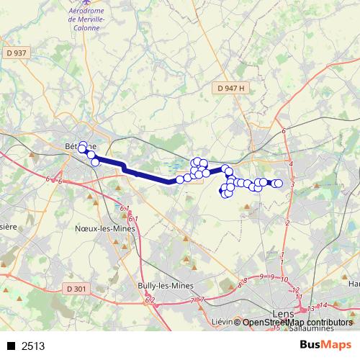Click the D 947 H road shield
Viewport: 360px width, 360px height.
[x=231, y=88]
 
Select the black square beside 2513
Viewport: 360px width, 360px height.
[x=11, y=346]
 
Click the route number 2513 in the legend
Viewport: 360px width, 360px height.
[x=33, y=346]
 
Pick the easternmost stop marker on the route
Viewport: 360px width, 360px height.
[x=278, y=184]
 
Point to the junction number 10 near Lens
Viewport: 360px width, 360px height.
[x=285, y=279]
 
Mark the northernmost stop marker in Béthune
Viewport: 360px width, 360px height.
[x=83, y=145]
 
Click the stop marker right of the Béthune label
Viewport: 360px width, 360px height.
[x=91, y=154]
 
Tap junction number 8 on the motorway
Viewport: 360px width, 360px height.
[x=245, y=280]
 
